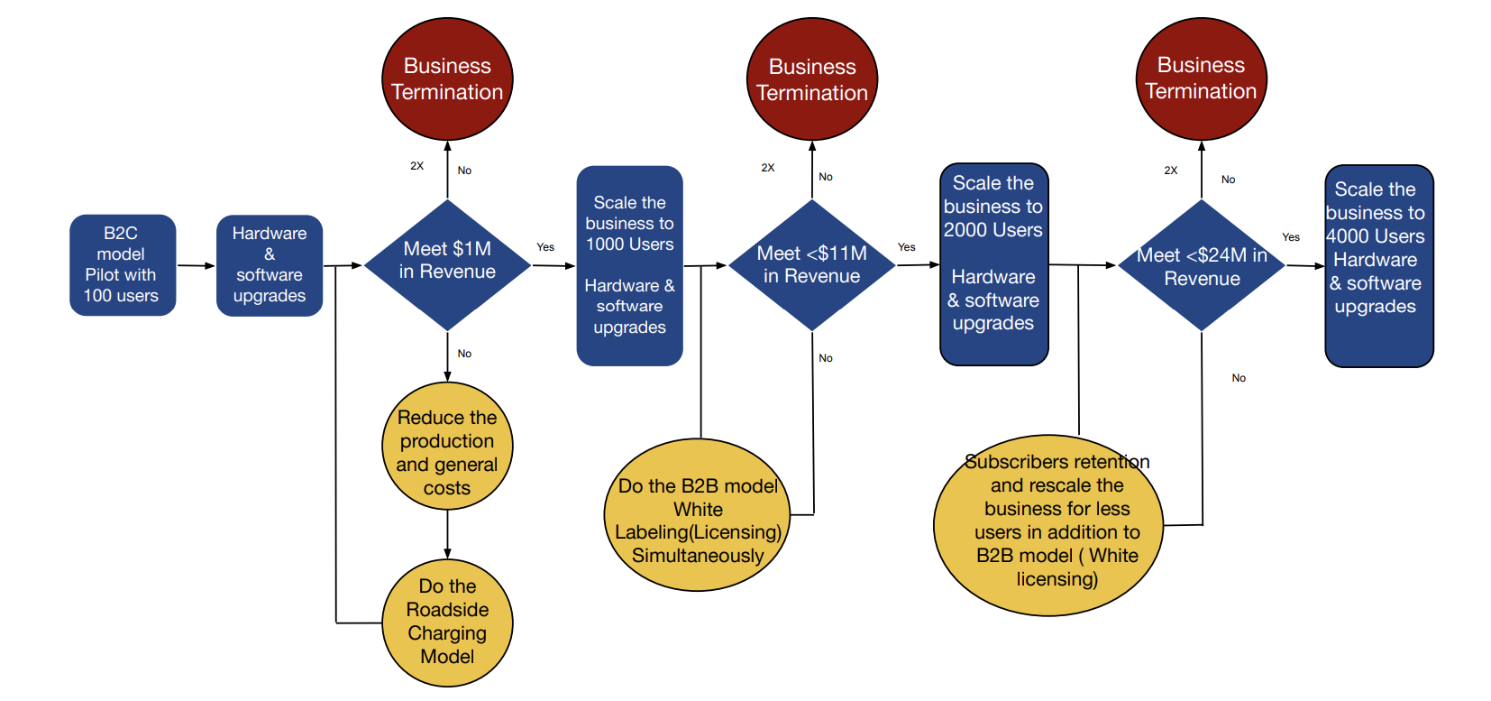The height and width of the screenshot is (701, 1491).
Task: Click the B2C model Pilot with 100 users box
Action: (123, 264)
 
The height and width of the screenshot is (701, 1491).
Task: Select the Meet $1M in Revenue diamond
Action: (447, 264)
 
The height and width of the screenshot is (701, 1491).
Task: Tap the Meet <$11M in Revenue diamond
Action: (811, 264)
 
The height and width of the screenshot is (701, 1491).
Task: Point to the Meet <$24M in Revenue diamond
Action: (1201, 265)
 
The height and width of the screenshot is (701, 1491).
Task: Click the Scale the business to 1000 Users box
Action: (629, 265)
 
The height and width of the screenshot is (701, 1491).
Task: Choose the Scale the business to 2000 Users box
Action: (993, 264)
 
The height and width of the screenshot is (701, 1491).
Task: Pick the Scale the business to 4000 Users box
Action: (1377, 265)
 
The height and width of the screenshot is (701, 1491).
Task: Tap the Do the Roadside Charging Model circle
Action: (447, 623)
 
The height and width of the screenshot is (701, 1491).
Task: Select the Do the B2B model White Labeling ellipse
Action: (697, 515)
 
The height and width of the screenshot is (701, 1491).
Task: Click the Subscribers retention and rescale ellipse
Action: (1048, 525)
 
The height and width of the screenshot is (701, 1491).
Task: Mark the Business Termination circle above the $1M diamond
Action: (447, 79)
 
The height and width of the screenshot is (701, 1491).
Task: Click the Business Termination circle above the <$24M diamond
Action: (1201, 78)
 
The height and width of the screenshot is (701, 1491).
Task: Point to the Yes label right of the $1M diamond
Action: (545, 247)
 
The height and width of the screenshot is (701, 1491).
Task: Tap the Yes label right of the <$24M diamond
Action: (1290, 237)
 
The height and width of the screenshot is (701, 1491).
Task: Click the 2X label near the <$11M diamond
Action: (767, 168)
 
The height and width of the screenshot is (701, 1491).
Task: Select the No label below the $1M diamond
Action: (464, 354)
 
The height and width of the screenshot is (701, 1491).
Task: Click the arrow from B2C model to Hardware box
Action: (196, 265)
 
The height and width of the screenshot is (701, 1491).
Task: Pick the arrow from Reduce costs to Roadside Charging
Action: (447, 534)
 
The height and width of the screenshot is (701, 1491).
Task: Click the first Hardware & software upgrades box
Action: (270, 265)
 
